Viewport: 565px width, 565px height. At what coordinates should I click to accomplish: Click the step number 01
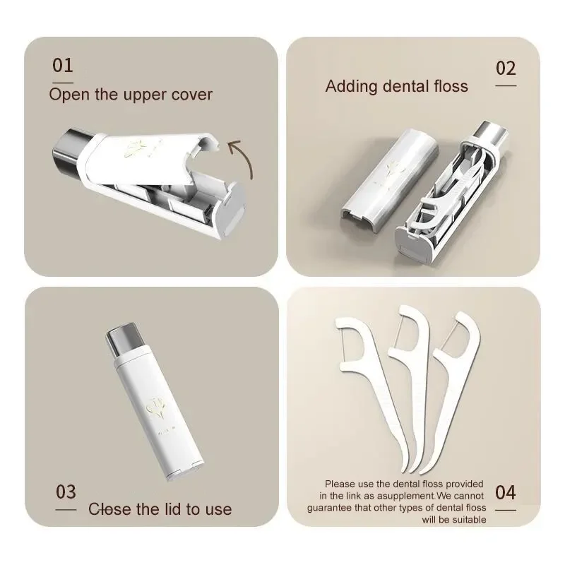pyautogui.click(x=63, y=65)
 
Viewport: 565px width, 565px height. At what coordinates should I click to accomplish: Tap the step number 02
pyautogui.click(x=506, y=68)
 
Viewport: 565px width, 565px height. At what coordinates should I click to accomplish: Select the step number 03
pyautogui.click(x=66, y=492)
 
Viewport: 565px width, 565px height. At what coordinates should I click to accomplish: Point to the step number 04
pyautogui.click(x=505, y=492)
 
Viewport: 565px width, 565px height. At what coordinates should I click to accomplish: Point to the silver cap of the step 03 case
pyautogui.click(x=123, y=340)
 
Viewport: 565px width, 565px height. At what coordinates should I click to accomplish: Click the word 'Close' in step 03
pyautogui.click(x=109, y=509)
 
